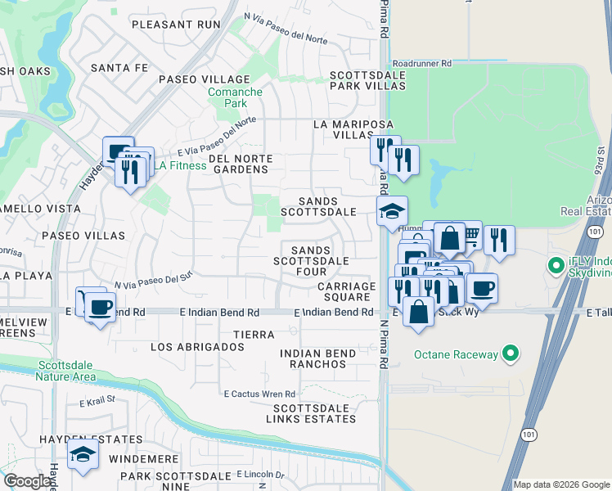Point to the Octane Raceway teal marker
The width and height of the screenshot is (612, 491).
click(x=511, y=354)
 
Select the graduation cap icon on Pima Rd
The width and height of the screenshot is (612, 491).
click(x=392, y=211)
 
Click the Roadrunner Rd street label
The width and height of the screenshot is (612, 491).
click(x=421, y=62)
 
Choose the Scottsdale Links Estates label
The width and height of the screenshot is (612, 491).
click(x=314, y=413)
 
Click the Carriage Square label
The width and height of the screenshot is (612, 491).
click(x=346, y=291)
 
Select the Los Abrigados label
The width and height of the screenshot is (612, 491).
click(x=197, y=347)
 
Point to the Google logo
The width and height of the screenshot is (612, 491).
click(x=27, y=481)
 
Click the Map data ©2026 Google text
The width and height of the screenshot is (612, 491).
click(x=560, y=484)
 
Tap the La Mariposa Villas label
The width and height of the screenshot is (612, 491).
click(x=344, y=129)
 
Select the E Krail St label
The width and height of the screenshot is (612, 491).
click(x=101, y=403)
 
